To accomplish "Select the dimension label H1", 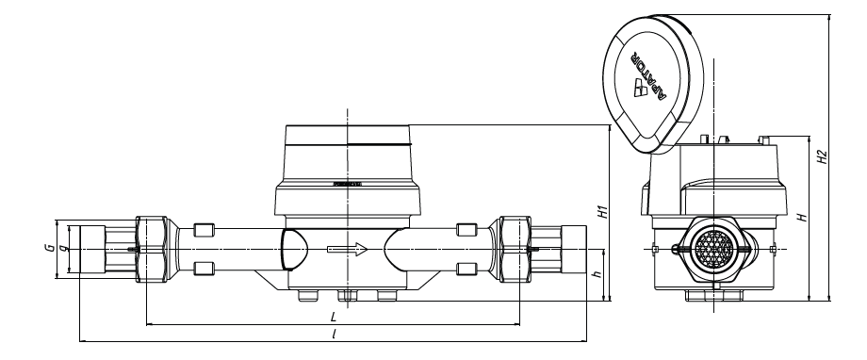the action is coord(604,211).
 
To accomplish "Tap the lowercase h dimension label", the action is coord(597,274).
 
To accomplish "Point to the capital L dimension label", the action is coord(334,318).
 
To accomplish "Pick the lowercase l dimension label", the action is coord(334,335).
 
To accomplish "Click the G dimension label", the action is coord(49,248).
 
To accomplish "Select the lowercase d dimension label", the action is coord(62,248).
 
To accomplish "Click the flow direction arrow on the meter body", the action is coord(347,249).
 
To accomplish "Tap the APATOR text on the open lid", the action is coord(646,75).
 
